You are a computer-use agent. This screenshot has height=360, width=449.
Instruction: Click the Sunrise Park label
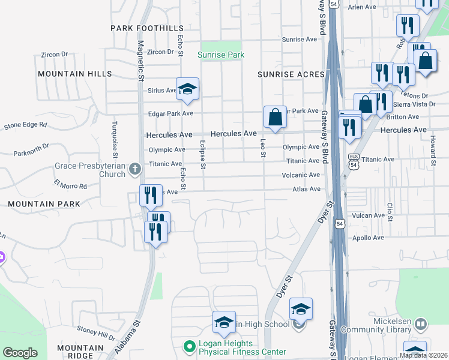[221, 55]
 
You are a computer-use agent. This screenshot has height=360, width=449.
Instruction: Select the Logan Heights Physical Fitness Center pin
[190, 346]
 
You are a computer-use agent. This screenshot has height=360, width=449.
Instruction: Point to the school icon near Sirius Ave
[187, 89]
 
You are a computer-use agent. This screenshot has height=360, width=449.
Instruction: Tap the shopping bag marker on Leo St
[275, 116]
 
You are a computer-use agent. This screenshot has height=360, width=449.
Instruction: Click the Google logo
[20, 353]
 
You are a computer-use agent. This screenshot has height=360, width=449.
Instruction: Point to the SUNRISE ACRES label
[291, 74]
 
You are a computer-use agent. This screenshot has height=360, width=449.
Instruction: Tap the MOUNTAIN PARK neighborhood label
[44, 204]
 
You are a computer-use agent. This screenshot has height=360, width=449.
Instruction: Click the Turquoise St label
[115, 136]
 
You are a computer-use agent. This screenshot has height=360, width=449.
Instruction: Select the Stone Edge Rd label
[25, 125]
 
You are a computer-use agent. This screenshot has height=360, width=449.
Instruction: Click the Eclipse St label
[202, 155]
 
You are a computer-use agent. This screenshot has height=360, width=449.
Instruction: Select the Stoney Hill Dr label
[96, 331]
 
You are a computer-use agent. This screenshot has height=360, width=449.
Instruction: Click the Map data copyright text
[424, 355]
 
